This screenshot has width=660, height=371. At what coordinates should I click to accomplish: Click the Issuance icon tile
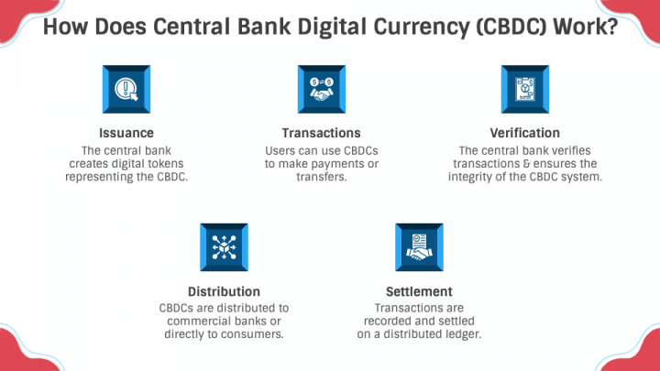[x=126, y=89]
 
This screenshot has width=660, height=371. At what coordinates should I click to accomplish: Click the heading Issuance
[x=126, y=133]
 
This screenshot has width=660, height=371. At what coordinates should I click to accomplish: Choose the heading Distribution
[x=225, y=292]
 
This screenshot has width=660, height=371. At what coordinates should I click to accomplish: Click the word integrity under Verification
[x=485, y=178]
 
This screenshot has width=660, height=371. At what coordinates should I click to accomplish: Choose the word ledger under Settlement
[x=462, y=334]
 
